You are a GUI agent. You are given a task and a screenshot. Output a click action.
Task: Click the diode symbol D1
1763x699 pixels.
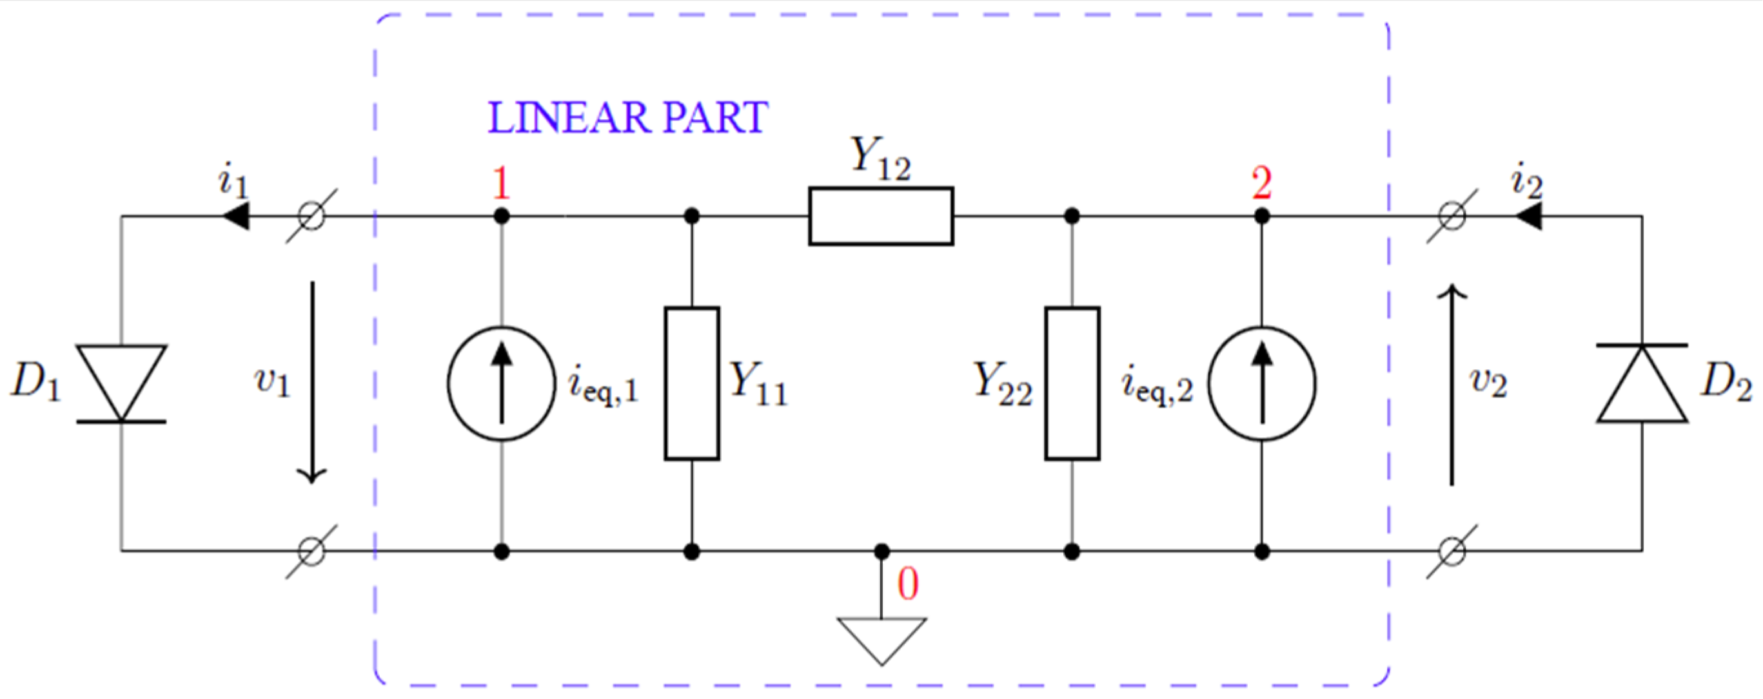point(121,383)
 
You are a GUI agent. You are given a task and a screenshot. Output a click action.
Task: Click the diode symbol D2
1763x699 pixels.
point(1641,383)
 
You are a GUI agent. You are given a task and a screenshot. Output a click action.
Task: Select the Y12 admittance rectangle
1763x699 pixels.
point(881,216)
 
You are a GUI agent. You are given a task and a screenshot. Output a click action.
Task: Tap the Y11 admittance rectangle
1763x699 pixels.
point(691,383)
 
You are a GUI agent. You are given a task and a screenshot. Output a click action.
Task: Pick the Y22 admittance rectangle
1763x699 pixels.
point(1072,383)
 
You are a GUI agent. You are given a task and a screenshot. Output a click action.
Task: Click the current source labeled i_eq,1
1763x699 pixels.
point(502,384)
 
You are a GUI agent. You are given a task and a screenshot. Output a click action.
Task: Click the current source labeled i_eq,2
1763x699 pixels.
point(1261,384)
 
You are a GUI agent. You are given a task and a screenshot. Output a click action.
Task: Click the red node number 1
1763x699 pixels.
point(502,184)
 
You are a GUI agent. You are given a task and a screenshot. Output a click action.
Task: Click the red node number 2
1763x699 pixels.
point(1261,184)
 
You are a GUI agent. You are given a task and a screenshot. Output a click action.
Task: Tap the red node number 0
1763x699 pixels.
point(907,585)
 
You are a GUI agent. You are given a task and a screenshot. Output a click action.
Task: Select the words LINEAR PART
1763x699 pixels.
point(627,119)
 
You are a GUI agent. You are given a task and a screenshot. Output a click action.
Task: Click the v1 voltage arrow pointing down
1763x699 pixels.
point(312,383)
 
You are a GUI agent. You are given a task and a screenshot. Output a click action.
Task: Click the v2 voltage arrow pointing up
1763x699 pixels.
point(1452,387)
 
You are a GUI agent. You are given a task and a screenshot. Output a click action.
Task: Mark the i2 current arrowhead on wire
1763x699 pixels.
point(1528,217)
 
